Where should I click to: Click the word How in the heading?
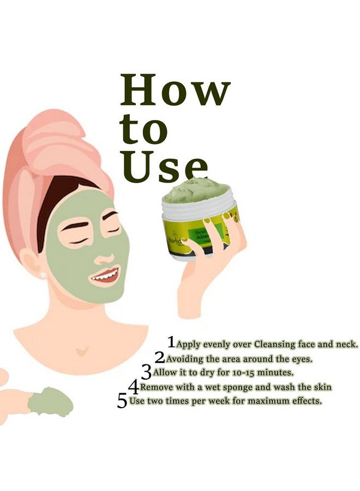click(175, 91)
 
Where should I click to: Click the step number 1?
click(172, 342)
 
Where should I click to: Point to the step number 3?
click(146, 372)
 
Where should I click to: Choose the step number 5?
click(122, 401)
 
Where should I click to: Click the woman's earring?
click(43, 275)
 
